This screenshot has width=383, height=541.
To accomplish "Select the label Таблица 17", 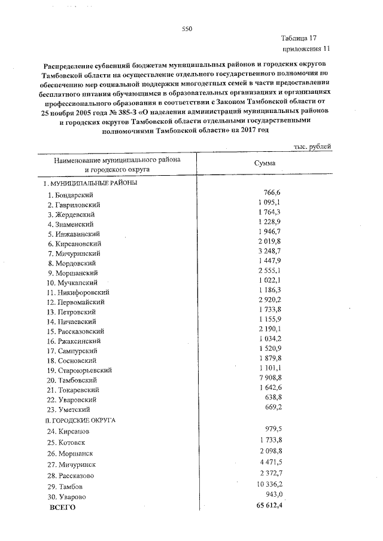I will (308, 38).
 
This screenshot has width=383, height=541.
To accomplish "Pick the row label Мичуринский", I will (75, 253).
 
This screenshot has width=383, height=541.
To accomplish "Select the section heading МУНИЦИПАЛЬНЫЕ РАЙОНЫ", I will (90, 183).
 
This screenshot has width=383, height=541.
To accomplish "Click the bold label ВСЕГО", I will (62, 508).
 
